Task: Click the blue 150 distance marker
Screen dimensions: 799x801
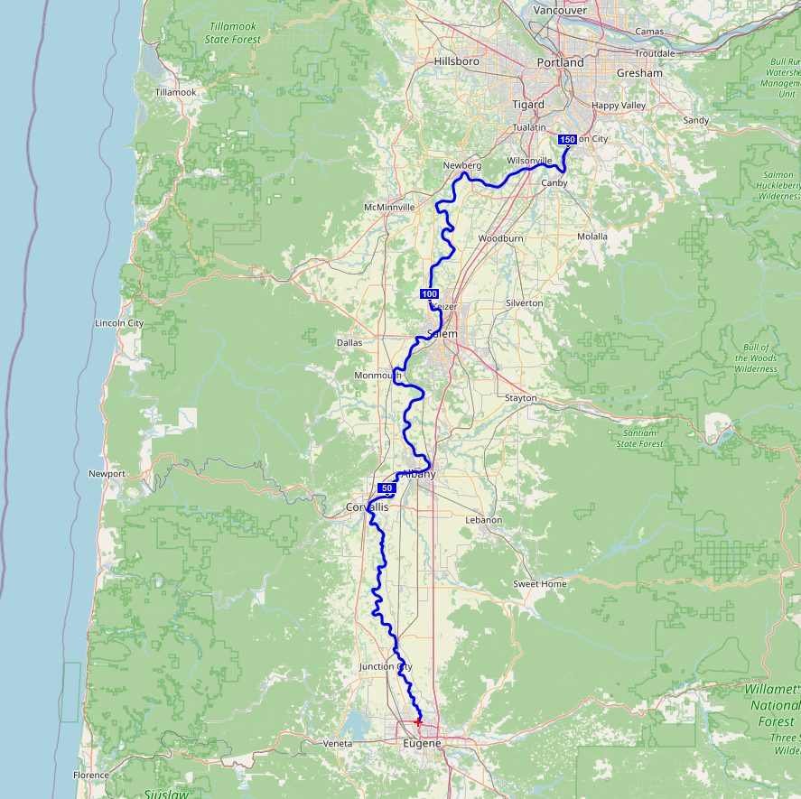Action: [567, 139]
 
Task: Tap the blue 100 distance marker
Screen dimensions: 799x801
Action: [429, 294]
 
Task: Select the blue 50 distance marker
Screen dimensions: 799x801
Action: [387, 488]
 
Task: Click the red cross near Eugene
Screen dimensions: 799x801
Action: [418, 722]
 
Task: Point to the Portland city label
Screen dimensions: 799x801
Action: [561, 63]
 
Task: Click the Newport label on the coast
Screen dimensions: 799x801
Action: [107, 474]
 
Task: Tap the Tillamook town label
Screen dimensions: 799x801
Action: [175, 93]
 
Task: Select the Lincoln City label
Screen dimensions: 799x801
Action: [119, 323]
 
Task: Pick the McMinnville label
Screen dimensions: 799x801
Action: [389, 208]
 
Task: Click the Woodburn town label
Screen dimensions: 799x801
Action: [500, 238]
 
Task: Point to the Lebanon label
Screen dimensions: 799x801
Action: [483, 520]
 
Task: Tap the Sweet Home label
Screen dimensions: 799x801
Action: [540, 584]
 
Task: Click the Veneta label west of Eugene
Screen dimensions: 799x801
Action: [337, 744]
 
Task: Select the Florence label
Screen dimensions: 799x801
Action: [91, 775]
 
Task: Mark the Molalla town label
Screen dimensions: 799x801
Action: [592, 237]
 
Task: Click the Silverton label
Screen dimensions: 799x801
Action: [525, 303]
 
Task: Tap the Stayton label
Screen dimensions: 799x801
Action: [521, 398]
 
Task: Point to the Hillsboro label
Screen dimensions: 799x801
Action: [456, 61]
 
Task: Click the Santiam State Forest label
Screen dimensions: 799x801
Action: [639, 439]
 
